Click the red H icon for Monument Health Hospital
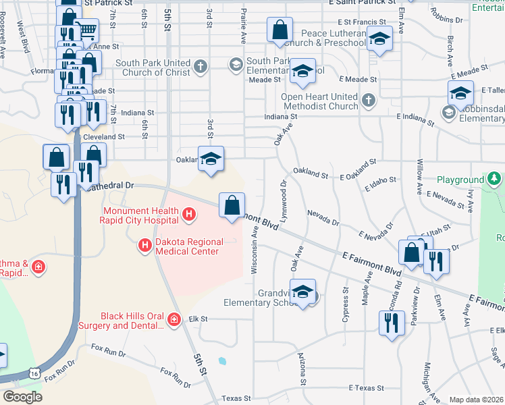[x=189, y=215]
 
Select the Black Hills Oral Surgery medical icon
[x=175, y=319]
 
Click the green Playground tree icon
[x=495, y=179]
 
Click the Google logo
[x=22, y=397]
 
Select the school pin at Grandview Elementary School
[x=303, y=292]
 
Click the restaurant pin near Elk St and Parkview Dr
[x=392, y=323]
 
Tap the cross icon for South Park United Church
[x=200, y=66]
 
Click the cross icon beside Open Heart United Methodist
[x=368, y=101]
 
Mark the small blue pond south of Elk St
[x=221, y=361]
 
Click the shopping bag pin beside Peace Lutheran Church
[x=280, y=30]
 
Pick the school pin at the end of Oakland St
[x=211, y=159]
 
